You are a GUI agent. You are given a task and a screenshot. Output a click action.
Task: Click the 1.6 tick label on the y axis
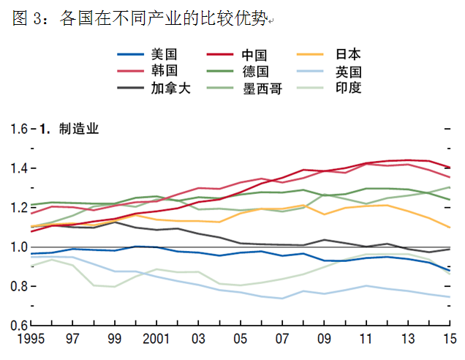(x=18, y=130)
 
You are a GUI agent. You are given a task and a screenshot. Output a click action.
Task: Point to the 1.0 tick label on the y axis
(x=18, y=247)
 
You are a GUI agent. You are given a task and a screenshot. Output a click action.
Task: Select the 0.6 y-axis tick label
(x=18, y=326)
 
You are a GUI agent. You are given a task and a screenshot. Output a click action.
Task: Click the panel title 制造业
(x=79, y=130)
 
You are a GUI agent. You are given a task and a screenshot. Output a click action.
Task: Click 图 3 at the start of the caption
(x=29, y=20)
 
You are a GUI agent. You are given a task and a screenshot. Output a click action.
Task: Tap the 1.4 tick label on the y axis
(x=18, y=169)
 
